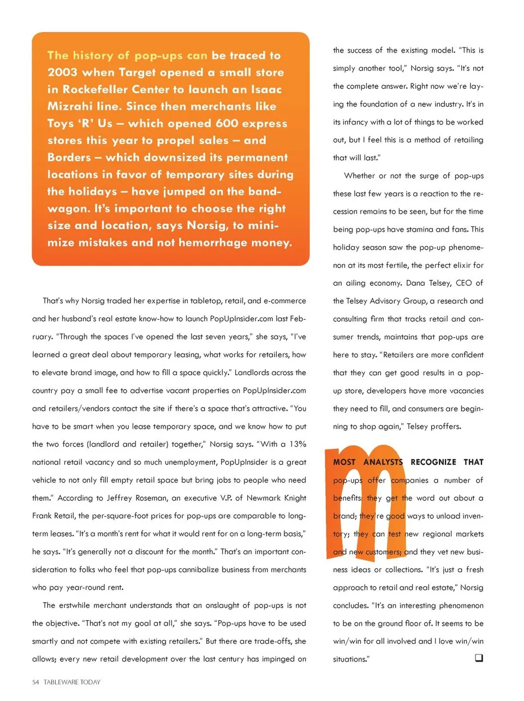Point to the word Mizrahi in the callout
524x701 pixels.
70,106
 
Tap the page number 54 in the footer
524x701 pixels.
35,682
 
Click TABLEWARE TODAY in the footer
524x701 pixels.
72,682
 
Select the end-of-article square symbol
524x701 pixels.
479,658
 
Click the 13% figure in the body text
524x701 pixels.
297,444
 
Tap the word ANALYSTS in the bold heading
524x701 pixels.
383,462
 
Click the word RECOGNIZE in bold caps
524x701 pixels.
433,462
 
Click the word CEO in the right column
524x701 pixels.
463,283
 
